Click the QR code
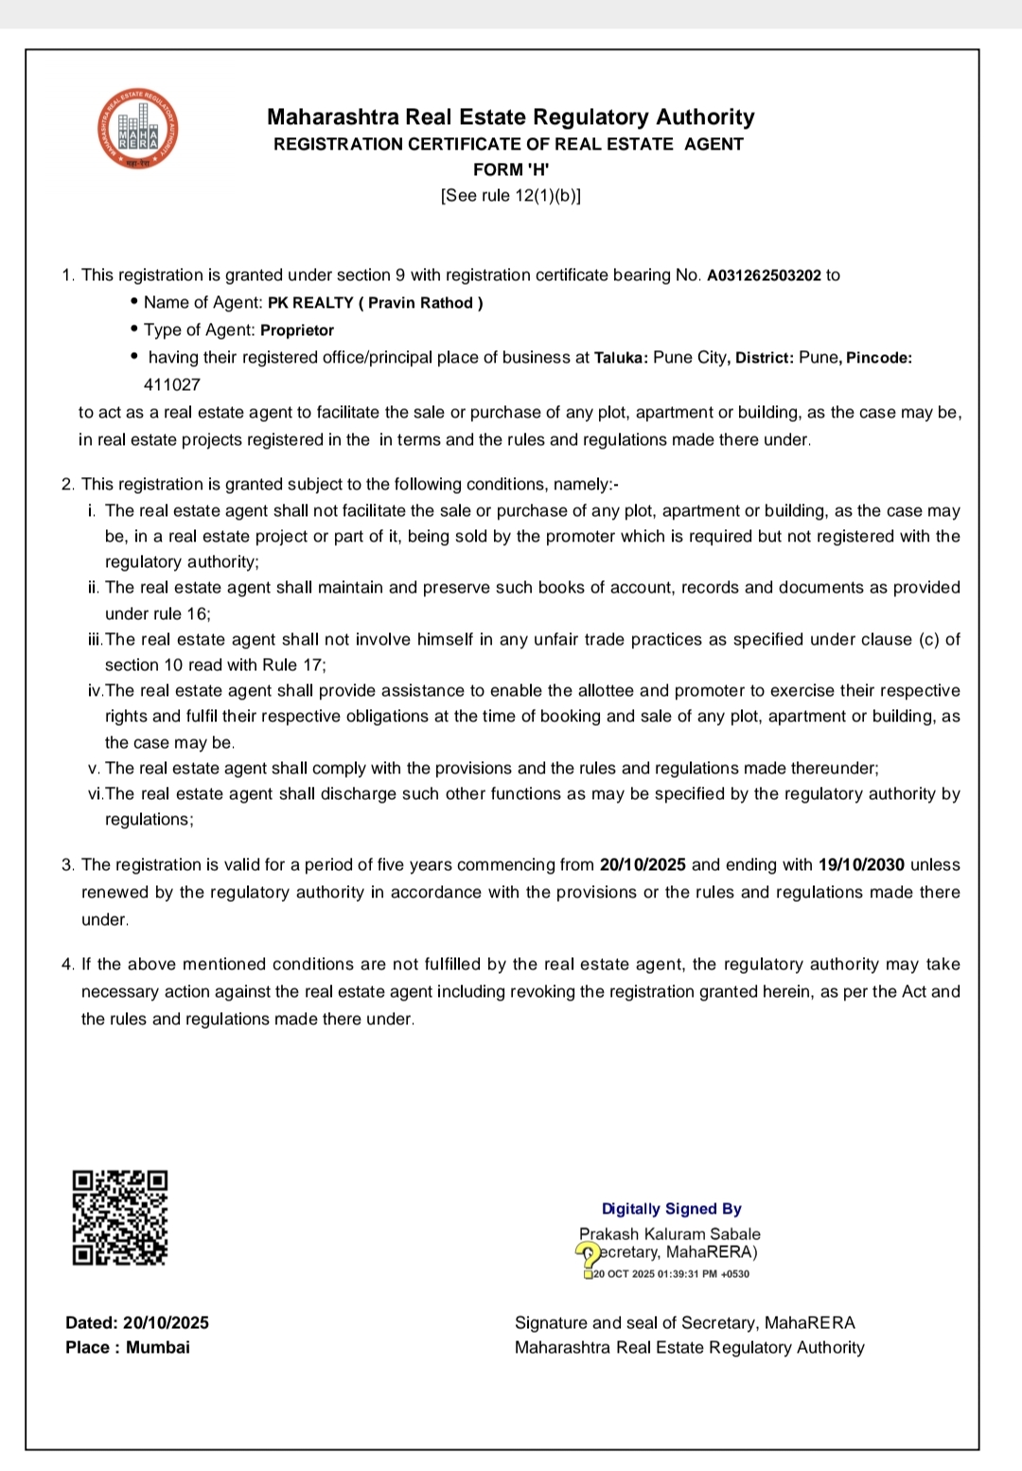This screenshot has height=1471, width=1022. (x=119, y=1217)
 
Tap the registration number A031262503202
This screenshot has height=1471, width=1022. (x=764, y=275)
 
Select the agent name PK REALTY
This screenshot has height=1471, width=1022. (x=310, y=303)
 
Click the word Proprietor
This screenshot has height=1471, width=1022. (x=297, y=330)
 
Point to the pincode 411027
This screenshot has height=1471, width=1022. (x=172, y=384)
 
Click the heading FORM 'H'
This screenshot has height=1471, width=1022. (x=511, y=169)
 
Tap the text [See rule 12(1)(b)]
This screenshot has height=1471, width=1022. (x=511, y=196)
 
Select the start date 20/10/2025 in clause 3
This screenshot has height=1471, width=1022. (x=643, y=864)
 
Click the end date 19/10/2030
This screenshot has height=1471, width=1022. (x=861, y=864)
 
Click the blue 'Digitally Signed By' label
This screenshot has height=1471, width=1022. (x=672, y=1209)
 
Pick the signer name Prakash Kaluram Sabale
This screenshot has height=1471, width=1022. (x=670, y=1233)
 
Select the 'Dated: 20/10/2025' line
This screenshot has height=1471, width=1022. (x=137, y=1322)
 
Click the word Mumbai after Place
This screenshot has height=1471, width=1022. (x=158, y=1347)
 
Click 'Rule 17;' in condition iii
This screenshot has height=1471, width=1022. (x=294, y=665)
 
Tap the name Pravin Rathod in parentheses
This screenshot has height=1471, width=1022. (x=420, y=303)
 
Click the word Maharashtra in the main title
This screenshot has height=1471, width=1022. (x=332, y=117)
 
